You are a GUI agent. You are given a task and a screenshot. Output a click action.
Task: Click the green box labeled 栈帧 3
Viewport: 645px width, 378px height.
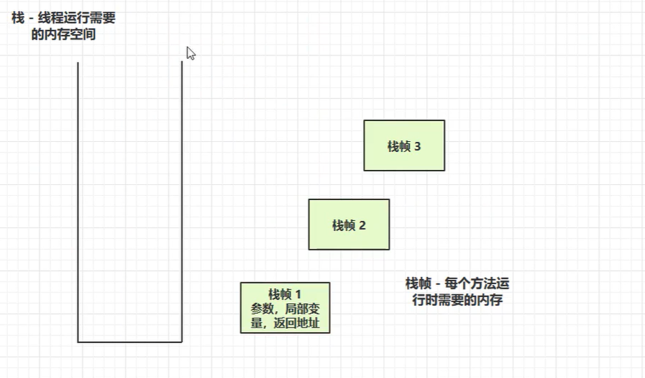click(x=404, y=145)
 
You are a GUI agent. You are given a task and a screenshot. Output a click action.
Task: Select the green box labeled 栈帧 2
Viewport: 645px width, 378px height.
click(x=349, y=225)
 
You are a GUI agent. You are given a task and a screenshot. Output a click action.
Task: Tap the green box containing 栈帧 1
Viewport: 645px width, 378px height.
click(x=285, y=307)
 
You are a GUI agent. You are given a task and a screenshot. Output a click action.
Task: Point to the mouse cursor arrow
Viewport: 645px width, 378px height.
click(x=190, y=52)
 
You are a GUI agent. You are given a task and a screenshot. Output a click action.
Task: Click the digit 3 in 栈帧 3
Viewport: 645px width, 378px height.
click(x=418, y=146)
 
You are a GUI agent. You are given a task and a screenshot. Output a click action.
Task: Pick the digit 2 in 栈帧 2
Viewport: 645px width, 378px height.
click(x=362, y=225)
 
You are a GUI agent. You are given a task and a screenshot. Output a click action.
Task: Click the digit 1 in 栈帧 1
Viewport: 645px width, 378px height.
click(x=298, y=293)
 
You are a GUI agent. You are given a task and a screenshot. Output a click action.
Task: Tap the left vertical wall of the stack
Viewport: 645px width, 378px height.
click(x=78, y=202)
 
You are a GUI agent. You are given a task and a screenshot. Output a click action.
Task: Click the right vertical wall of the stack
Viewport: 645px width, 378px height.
click(x=182, y=202)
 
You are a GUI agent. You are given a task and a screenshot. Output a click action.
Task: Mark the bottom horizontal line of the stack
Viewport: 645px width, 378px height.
click(x=129, y=341)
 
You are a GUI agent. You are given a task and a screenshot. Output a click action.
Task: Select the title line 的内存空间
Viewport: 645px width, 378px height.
click(x=63, y=34)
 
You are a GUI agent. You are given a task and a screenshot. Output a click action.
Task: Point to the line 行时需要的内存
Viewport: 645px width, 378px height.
click(x=457, y=300)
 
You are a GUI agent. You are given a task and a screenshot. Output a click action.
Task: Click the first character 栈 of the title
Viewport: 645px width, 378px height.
click(x=18, y=19)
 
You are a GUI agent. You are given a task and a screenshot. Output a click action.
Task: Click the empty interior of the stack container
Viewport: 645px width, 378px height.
click(x=129, y=202)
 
